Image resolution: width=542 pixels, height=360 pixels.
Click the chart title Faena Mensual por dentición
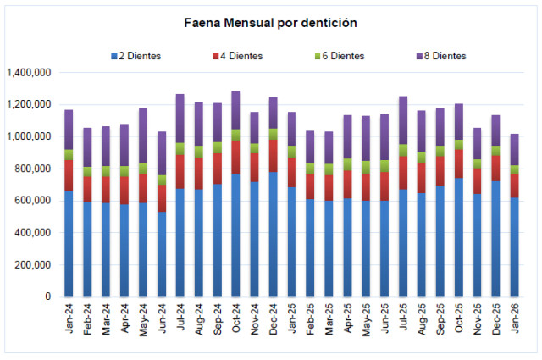[270, 23]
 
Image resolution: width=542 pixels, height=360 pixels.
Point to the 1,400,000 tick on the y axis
[29, 73]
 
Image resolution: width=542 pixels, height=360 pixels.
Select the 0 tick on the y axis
[48, 297]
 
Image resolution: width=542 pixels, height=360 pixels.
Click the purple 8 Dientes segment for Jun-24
[161, 153]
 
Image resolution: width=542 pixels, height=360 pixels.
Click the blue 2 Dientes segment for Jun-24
[161, 254]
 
